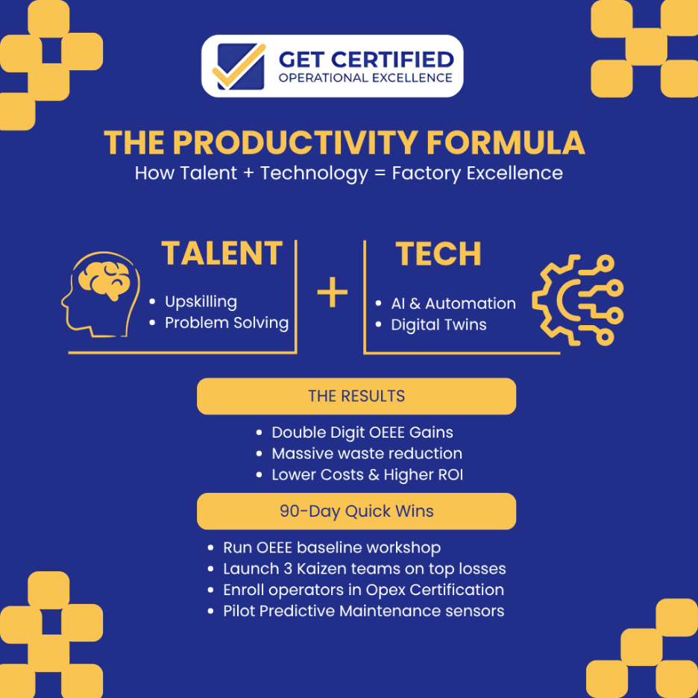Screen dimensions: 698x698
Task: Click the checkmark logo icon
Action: (239, 66)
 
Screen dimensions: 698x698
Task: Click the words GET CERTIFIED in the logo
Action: (365, 59)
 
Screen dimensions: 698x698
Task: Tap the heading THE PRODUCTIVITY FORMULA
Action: (344, 142)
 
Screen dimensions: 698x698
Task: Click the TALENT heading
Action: (222, 254)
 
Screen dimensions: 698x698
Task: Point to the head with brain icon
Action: (100, 292)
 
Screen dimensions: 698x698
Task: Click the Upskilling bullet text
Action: (201, 302)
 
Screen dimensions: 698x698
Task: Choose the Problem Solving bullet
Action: (226, 323)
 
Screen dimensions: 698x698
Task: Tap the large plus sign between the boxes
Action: (333, 293)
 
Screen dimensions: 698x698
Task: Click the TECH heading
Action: (438, 254)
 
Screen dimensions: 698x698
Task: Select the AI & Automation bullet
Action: (453, 304)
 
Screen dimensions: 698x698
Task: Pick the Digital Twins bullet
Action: (438, 325)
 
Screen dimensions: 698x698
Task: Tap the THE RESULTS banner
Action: (356, 396)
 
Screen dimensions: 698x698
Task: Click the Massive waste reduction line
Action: (366, 453)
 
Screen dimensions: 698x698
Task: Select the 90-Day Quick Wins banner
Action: (356, 512)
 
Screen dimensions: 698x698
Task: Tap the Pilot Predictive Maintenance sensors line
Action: (363, 611)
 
